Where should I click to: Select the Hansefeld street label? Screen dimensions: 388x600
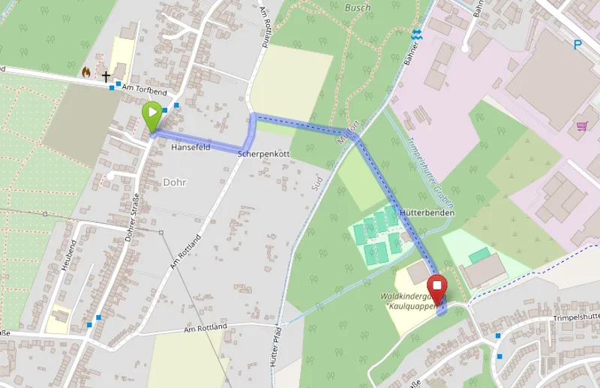click(191, 148)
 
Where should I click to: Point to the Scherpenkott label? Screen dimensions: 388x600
click(263, 154)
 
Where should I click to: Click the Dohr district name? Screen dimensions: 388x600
click(174, 182)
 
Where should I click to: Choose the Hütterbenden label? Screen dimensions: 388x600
click(428, 213)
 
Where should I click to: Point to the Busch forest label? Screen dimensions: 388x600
click(358, 8)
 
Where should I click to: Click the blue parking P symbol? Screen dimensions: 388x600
click(577, 45)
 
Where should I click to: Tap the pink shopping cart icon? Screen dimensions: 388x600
click(582, 126)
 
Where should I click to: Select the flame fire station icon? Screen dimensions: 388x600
click(86, 73)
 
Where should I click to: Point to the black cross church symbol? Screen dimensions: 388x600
click(106, 76)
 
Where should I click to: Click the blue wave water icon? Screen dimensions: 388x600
click(416, 34)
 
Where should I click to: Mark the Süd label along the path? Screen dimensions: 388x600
click(317, 179)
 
